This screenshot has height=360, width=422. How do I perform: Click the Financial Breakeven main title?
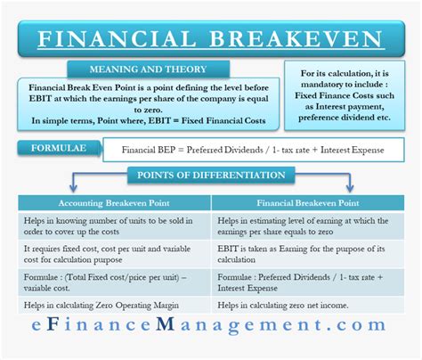click(210, 41)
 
